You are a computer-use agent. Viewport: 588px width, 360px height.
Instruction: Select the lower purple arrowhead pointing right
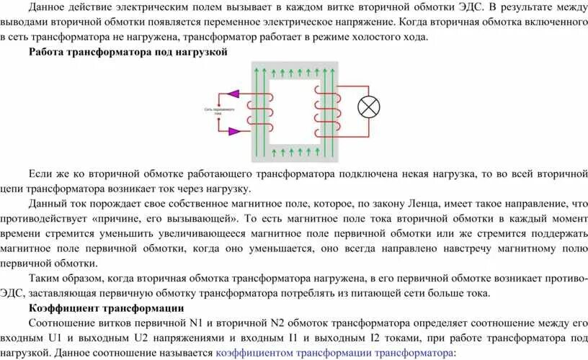coord(233,131)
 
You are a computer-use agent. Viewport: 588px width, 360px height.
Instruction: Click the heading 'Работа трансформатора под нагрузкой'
coord(128,53)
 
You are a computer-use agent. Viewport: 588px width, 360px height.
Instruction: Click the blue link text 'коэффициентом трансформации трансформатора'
coord(334,353)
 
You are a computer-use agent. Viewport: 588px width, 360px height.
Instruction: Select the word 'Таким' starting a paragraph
coord(45,278)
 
